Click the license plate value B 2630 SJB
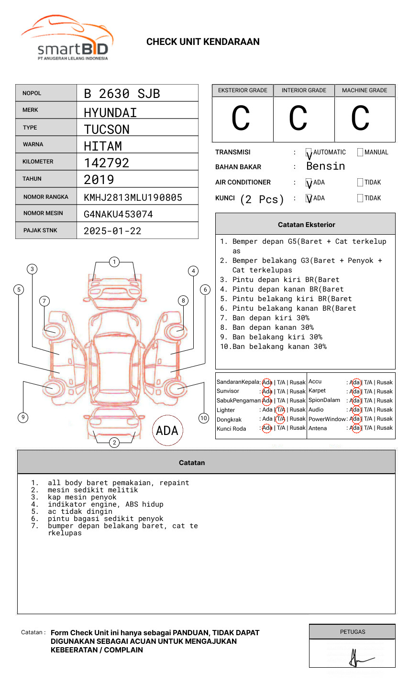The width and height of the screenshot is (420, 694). click(x=122, y=94)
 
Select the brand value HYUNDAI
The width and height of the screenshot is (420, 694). click(x=110, y=113)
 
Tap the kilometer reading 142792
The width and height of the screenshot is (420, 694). click(x=106, y=163)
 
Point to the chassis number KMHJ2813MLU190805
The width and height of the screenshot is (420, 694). click(x=133, y=197)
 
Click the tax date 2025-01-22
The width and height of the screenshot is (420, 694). click(x=112, y=231)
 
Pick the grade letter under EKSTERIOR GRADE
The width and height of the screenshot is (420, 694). click(x=241, y=119)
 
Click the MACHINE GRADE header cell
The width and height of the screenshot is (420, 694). click(x=365, y=90)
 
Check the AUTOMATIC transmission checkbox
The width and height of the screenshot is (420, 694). click(x=309, y=152)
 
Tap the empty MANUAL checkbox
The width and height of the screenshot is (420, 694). click(x=360, y=152)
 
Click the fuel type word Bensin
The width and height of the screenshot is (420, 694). click(x=325, y=166)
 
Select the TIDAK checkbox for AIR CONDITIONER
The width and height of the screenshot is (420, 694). click(x=360, y=183)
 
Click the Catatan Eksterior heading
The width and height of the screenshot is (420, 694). click(x=306, y=225)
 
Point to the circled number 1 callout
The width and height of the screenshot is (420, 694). click(x=114, y=262)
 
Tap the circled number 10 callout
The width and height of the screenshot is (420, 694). click(x=204, y=418)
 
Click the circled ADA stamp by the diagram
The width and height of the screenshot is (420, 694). click(x=167, y=431)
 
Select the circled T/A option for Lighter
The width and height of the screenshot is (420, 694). click(x=280, y=410)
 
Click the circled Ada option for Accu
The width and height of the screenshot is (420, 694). click(x=355, y=382)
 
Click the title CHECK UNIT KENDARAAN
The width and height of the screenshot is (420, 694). click(x=203, y=42)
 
